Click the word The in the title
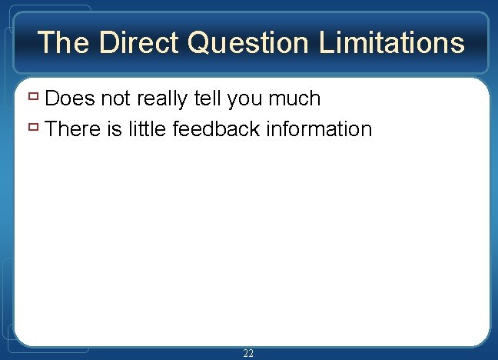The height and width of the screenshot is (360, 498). coord(61,42)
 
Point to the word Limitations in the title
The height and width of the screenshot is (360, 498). coord(391,42)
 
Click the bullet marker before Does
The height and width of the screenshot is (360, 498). coord(34,98)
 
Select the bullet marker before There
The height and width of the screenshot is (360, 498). coord(34,128)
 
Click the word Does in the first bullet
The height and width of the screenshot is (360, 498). coord(70,98)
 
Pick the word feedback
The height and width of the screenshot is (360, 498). coord(217,128)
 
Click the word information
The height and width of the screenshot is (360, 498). coord(319,128)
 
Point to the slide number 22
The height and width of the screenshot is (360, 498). coord(248,353)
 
